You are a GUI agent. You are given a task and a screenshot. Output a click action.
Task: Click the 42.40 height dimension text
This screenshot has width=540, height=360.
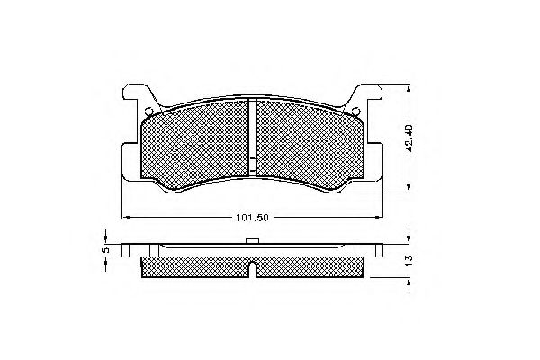[x=410, y=138]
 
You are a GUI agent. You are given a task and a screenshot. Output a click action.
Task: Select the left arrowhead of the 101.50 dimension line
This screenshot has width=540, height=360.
[x=125, y=217]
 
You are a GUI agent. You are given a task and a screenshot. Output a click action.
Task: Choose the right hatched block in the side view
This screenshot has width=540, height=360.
[x=310, y=267]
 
